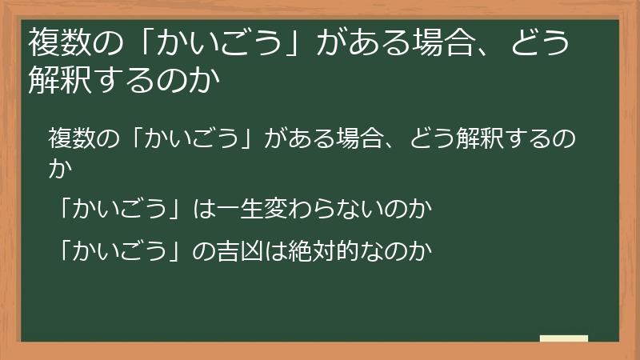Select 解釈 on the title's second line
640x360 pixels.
58,80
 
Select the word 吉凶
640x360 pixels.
236,251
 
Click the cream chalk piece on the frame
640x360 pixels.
564,338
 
